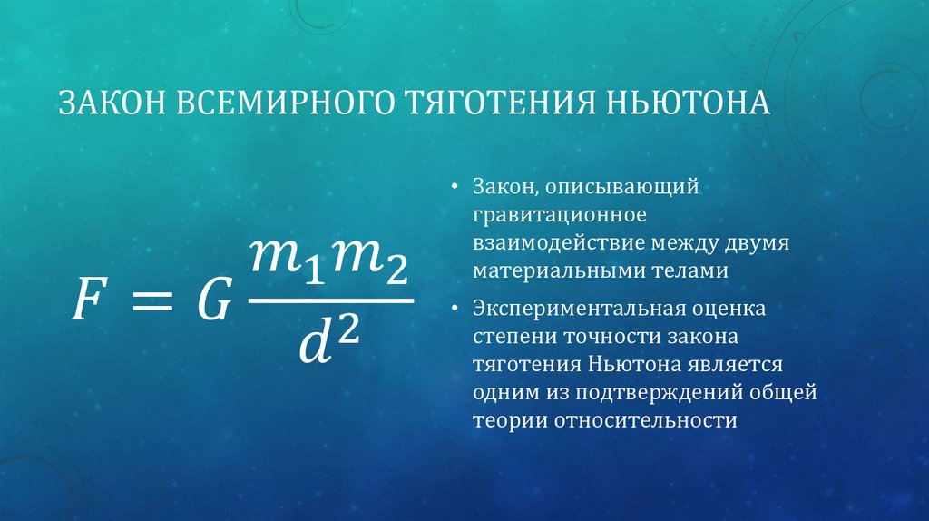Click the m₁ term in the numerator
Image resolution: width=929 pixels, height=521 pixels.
(x=287, y=264)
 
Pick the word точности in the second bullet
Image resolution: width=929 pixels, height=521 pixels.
(x=619, y=337)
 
